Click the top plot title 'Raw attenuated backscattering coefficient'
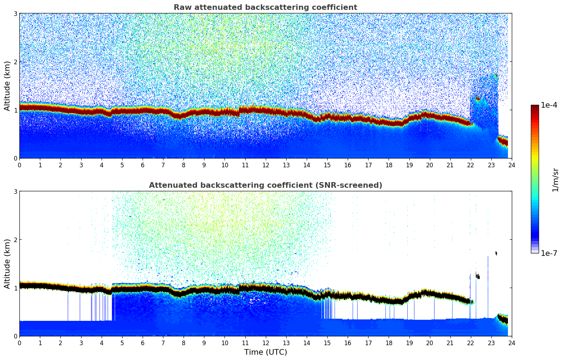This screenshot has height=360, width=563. [265, 7]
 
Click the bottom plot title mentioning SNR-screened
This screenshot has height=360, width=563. [265, 185]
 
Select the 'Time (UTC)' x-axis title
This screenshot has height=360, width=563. [265, 352]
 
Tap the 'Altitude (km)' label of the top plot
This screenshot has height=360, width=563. [7, 86]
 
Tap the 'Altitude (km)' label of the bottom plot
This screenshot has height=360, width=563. [7, 264]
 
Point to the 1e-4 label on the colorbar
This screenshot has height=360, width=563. [549, 105]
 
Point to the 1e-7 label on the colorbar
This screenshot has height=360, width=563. [549, 253]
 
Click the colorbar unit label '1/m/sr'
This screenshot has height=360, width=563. [555, 180]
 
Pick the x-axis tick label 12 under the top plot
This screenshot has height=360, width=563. [265, 165]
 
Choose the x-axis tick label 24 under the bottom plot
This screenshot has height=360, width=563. [512, 343]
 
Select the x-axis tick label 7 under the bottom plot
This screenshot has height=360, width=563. [163, 343]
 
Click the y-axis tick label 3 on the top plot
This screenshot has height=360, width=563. [16, 13]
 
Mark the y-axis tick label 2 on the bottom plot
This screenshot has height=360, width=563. [16, 240]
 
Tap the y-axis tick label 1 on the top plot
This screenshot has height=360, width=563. [16, 110]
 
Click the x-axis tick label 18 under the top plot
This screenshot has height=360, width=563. [389, 165]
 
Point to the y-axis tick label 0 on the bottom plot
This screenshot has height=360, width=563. [16, 336]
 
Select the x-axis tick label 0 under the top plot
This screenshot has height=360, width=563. [19, 165]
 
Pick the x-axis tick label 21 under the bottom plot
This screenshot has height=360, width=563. [450, 343]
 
